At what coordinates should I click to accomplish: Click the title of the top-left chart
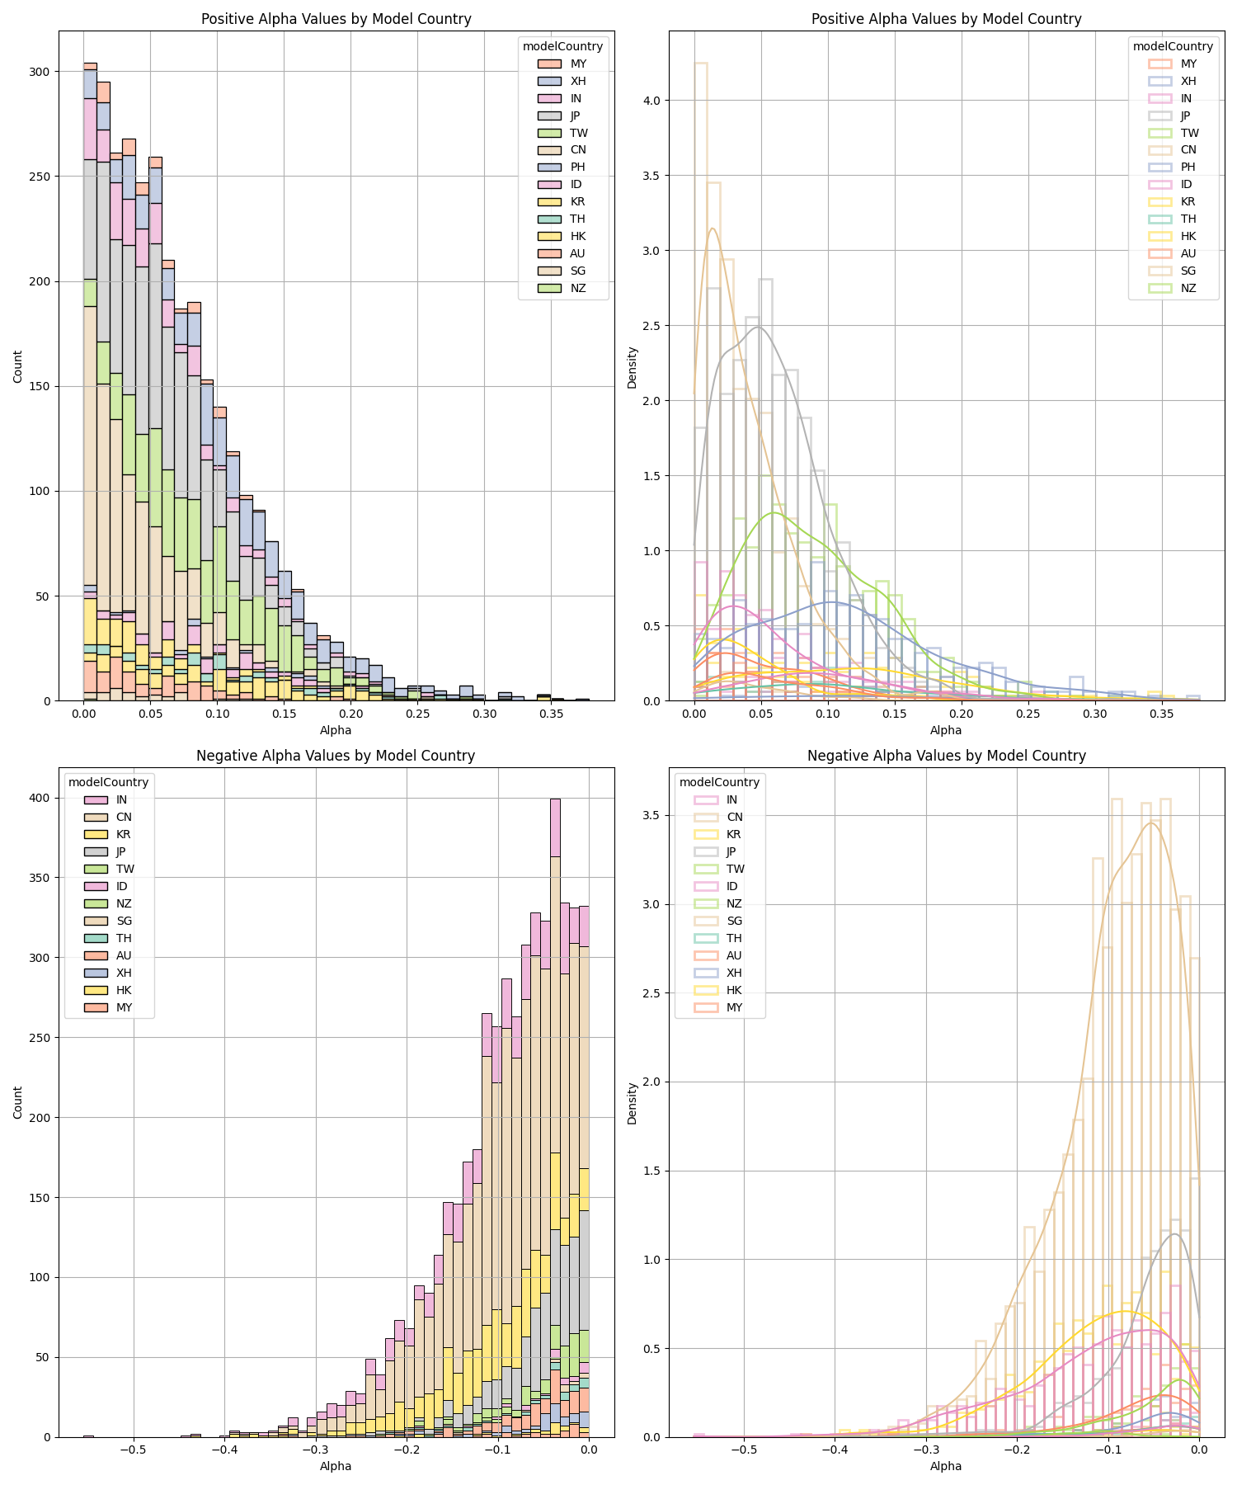(336, 19)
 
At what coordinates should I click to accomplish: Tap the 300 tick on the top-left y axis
(40, 72)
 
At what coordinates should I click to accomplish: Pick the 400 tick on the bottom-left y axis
(40, 798)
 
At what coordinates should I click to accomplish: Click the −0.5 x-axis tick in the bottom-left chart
(132, 1450)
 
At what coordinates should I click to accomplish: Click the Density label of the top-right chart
(633, 367)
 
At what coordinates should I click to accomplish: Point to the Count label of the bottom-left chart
(18, 1102)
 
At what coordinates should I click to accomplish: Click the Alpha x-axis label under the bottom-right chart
(946, 1466)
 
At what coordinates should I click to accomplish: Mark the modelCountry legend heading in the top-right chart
(1173, 46)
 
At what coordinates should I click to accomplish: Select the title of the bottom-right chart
(946, 756)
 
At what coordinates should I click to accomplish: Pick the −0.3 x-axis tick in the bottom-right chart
(926, 1450)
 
